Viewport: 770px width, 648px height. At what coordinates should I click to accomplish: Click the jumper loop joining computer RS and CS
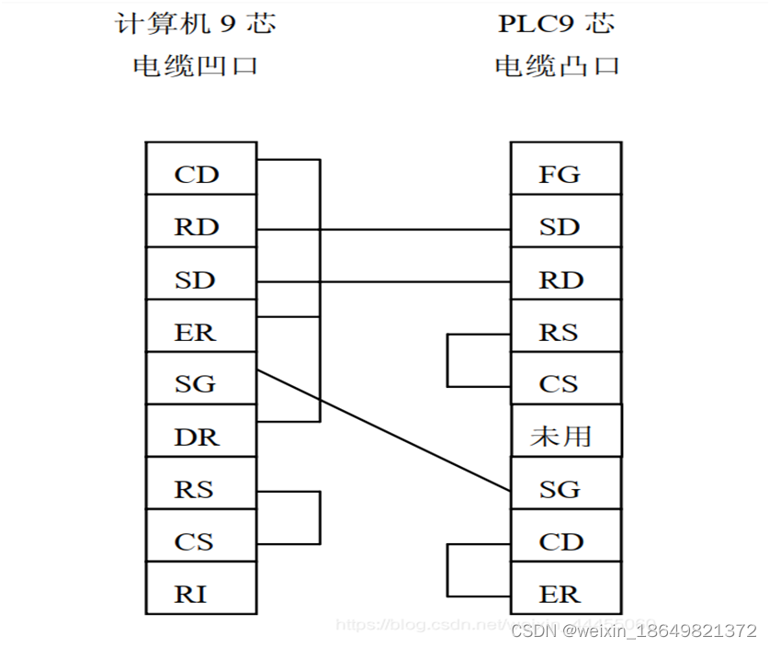319,517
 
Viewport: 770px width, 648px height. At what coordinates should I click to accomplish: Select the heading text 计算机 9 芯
195,23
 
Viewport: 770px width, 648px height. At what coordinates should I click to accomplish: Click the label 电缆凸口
557,66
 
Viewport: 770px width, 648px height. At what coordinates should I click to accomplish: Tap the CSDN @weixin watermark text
634,631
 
